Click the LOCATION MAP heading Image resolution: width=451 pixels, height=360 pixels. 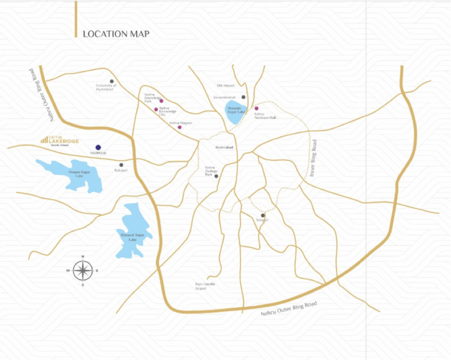pyautogui.click(x=116, y=34)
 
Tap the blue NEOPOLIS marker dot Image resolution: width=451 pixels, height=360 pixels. pyautogui.click(x=98, y=146)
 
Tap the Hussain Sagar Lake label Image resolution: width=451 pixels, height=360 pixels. pyautogui.click(x=234, y=111)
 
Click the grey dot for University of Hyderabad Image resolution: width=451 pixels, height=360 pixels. pyautogui.click(x=111, y=81)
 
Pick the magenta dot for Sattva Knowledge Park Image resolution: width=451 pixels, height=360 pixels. pyautogui.click(x=161, y=102)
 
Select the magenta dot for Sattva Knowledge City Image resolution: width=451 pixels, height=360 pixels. pyautogui.click(x=156, y=110)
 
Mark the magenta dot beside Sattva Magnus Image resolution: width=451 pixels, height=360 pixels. pyautogui.click(x=179, y=127)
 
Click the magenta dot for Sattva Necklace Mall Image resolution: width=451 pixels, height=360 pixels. pyautogui.click(x=256, y=108)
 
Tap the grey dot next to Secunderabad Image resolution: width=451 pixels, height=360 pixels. pyautogui.click(x=243, y=97)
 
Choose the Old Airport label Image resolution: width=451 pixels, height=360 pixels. pyautogui.click(x=225, y=86)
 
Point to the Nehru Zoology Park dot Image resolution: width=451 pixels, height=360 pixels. pyautogui.click(x=216, y=176)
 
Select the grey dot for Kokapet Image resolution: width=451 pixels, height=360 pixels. pyautogui.click(x=121, y=165)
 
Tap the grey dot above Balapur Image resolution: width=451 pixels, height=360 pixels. pyautogui.click(x=263, y=215)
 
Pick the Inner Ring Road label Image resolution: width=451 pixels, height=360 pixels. pyautogui.click(x=313, y=159)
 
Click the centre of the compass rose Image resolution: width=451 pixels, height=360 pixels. pyautogui.click(x=82, y=270)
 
